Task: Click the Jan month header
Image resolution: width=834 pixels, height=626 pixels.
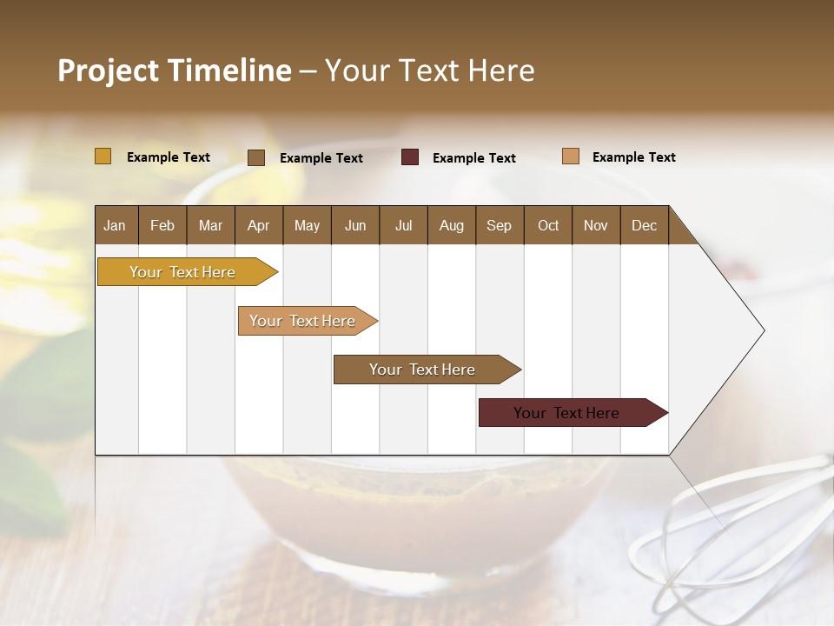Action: [115, 225]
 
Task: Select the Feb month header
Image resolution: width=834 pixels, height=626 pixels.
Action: [162, 225]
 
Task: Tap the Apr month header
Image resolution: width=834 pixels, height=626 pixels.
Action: [258, 225]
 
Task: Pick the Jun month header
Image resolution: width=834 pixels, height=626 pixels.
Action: [355, 225]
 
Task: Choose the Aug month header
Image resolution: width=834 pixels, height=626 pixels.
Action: [451, 225]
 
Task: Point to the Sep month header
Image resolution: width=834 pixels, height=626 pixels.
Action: [499, 225]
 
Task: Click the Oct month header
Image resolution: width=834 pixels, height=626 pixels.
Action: [548, 225]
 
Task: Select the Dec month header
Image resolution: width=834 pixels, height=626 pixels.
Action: [644, 225]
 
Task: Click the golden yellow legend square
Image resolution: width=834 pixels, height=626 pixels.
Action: [103, 156]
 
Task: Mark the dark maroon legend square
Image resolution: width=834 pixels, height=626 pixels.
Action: [410, 157]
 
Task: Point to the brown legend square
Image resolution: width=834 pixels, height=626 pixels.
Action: [256, 157]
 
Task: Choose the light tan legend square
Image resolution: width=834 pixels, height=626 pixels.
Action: [570, 156]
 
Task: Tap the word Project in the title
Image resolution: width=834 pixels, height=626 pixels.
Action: [107, 70]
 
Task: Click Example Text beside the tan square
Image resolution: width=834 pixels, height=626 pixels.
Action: [633, 157]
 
